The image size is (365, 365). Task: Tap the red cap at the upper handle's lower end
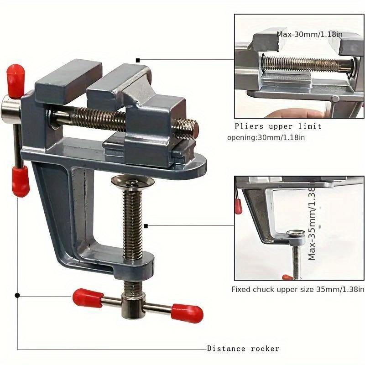[20, 181]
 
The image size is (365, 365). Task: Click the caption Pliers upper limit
[278, 126]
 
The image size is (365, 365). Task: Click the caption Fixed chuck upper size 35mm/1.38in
[298, 289]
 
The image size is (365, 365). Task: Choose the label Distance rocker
[243, 349]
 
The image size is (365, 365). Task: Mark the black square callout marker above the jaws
[138, 60]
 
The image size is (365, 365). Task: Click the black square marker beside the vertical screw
[146, 225]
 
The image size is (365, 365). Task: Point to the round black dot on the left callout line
[17, 295]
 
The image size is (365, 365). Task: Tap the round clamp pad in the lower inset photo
[295, 236]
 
